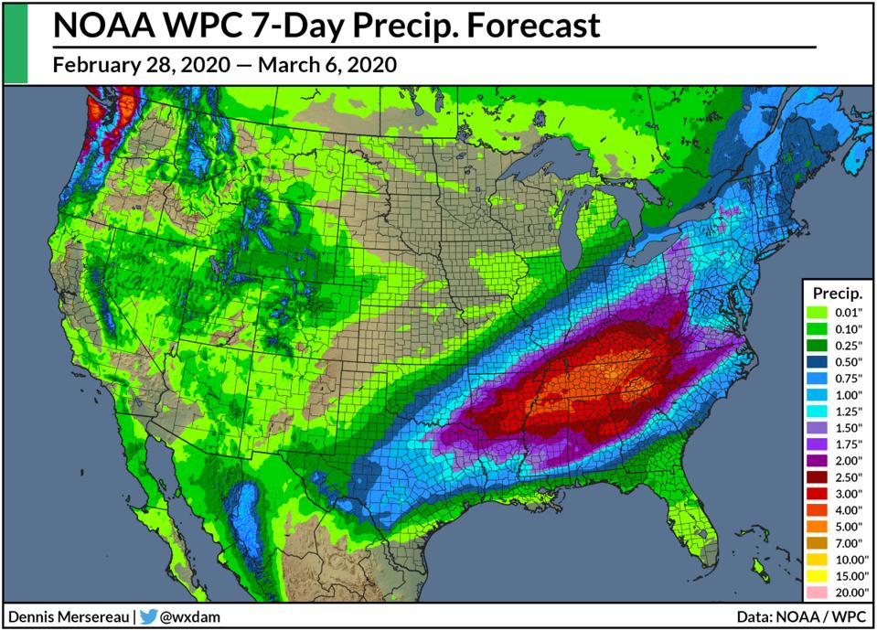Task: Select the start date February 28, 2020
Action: coord(135,65)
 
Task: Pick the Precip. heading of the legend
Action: coord(836,294)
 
